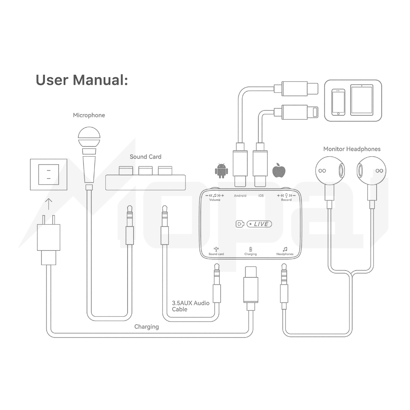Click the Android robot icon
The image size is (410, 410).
[221, 171]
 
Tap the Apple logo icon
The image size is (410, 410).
[279, 170]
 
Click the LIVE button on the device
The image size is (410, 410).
[259, 224]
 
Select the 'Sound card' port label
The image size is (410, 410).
[216, 254]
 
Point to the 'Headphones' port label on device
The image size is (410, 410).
[285, 254]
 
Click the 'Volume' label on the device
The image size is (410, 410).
[215, 199]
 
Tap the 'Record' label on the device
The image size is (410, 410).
[286, 199]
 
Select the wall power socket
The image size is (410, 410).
[48, 174]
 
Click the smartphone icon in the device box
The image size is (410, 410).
[339, 102]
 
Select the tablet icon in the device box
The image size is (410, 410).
[361, 100]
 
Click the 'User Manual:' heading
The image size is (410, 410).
[82, 80]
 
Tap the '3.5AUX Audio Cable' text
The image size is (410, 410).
[191, 306]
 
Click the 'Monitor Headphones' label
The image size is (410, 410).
[352, 149]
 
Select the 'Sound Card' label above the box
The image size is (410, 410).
[145, 157]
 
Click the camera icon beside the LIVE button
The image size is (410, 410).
[240, 224]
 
